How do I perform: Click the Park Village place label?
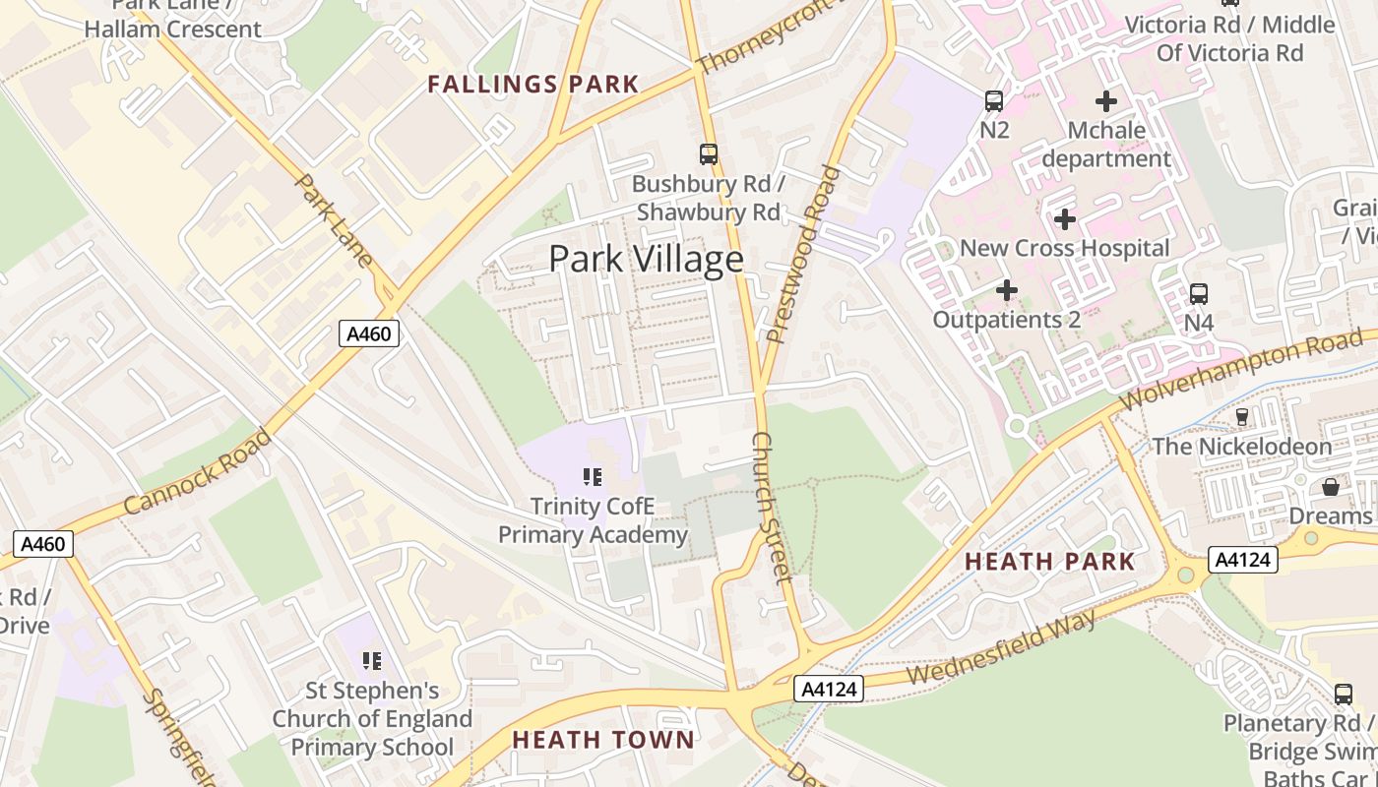pyautogui.click(x=646, y=259)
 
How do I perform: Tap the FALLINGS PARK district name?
pyautogui.click(x=533, y=85)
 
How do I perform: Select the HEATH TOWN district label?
pyautogui.click(x=603, y=740)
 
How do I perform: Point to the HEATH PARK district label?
pyautogui.click(x=1049, y=562)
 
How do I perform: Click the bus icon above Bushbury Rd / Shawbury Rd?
pyautogui.click(x=708, y=153)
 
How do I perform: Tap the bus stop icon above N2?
pyautogui.click(x=994, y=100)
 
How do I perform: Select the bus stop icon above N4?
pyautogui.click(x=1198, y=293)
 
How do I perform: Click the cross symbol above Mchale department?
pyautogui.click(x=1106, y=100)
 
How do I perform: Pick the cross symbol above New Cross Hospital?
pyautogui.click(x=1064, y=219)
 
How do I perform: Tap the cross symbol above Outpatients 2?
pyautogui.click(x=1006, y=290)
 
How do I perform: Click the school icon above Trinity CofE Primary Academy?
pyautogui.click(x=592, y=478)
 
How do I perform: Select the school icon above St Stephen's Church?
pyautogui.click(x=371, y=660)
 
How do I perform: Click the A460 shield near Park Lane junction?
pyautogui.click(x=370, y=333)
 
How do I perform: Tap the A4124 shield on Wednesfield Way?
pyautogui.click(x=828, y=690)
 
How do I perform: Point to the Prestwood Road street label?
pyautogui.click(x=804, y=254)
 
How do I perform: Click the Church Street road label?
pyautogui.click(x=772, y=507)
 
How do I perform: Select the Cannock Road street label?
pyautogui.click(x=197, y=472)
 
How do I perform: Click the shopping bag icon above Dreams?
pyautogui.click(x=1330, y=487)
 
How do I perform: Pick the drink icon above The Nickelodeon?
pyautogui.click(x=1241, y=417)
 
